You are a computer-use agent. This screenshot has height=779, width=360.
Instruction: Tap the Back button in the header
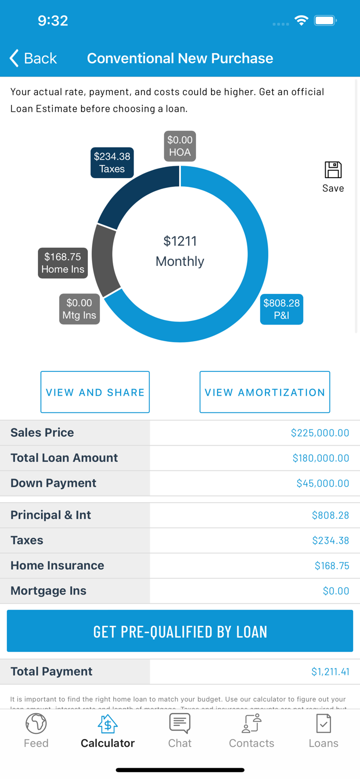tap(33, 58)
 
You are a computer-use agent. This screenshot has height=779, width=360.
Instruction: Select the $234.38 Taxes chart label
tap(112, 163)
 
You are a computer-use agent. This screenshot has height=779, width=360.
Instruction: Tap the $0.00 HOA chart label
tap(180, 146)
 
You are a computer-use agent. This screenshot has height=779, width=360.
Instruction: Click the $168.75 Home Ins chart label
tap(63, 263)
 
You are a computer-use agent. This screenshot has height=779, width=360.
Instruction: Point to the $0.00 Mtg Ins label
tap(79, 309)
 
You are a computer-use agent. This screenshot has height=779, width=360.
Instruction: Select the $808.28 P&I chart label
tap(281, 309)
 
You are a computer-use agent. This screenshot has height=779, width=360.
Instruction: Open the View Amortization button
tap(264, 392)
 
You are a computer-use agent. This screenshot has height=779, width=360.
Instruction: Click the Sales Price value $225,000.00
tap(319, 433)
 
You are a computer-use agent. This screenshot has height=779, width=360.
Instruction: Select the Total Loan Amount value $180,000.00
tap(321, 458)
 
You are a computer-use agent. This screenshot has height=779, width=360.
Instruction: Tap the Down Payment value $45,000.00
tap(323, 483)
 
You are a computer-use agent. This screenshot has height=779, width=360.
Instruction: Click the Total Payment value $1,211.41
tap(330, 671)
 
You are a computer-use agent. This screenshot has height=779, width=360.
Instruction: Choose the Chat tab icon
tap(180, 723)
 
